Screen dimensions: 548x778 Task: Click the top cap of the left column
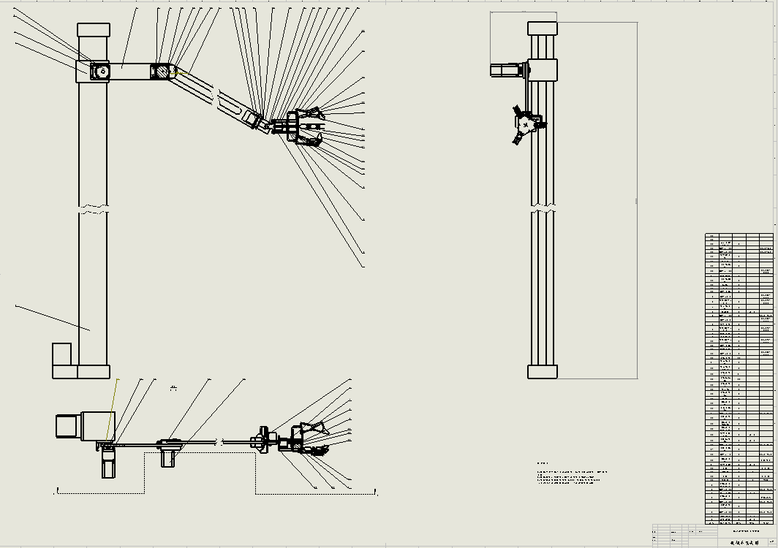[x=94, y=30]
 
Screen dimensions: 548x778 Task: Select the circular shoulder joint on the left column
[x=100, y=71]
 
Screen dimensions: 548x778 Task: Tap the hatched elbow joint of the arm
[x=159, y=72]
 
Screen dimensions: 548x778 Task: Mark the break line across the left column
[x=93, y=212]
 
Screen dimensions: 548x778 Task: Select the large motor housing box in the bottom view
[x=97, y=426]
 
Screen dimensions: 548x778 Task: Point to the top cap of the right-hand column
[x=543, y=28]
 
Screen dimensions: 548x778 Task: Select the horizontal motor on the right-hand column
[x=507, y=70]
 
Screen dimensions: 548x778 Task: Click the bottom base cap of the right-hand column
[x=543, y=371]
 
